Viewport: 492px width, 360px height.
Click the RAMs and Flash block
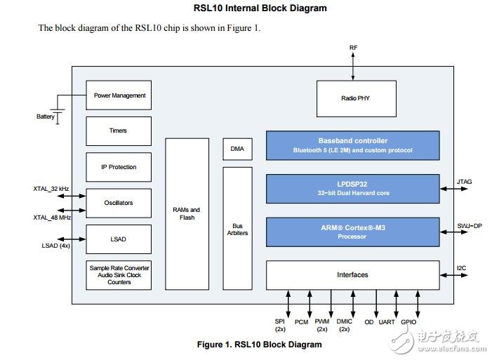(187, 214)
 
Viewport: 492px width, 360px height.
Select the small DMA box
(237, 149)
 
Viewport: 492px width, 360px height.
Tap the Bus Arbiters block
(237, 229)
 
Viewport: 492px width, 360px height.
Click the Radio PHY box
(356, 98)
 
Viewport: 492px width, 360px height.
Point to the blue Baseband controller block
(352, 145)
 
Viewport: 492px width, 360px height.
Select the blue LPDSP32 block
(352, 189)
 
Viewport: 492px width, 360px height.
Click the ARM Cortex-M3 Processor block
(352, 232)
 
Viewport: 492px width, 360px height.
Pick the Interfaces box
(352, 274)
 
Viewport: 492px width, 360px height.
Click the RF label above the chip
(353, 48)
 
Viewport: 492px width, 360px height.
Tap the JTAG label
(464, 182)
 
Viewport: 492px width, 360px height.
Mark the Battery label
(46, 116)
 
